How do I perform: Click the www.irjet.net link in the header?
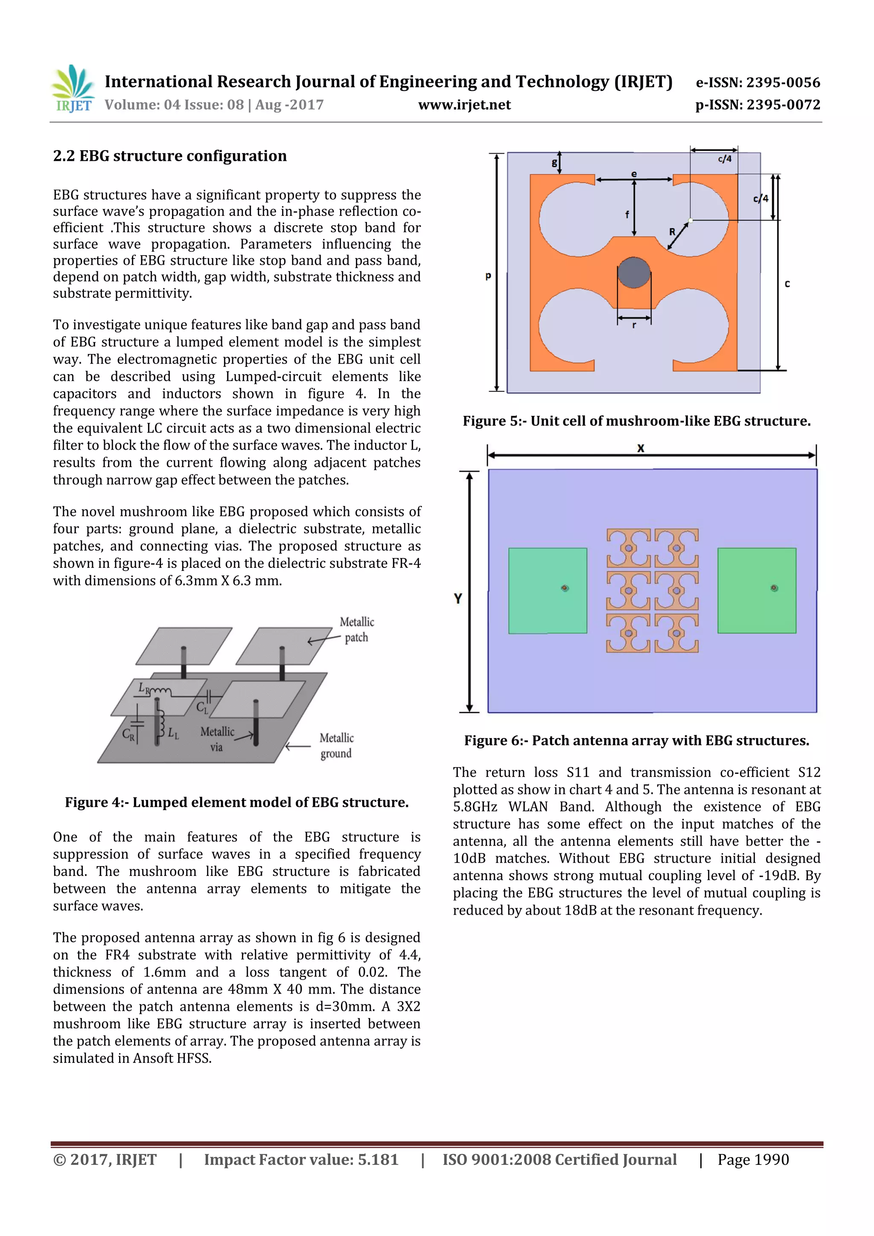(x=464, y=105)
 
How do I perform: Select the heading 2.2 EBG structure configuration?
(x=169, y=156)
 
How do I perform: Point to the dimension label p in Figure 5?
(x=488, y=276)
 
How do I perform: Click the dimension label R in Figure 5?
(x=672, y=232)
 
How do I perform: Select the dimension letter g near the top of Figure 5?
(x=554, y=162)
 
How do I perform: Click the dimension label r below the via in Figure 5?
(x=634, y=325)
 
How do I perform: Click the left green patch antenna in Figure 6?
(x=547, y=590)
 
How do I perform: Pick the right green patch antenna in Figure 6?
(x=756, y=590)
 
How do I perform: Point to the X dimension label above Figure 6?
(x=640, y=448)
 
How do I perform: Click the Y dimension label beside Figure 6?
(x=458, y=598)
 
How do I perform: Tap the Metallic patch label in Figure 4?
(x=356, y=629)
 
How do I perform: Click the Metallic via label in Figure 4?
(x=217, y=739)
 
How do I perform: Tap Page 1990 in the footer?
(x=752, y=1159)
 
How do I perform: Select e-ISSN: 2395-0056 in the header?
(x=757, y=82)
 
